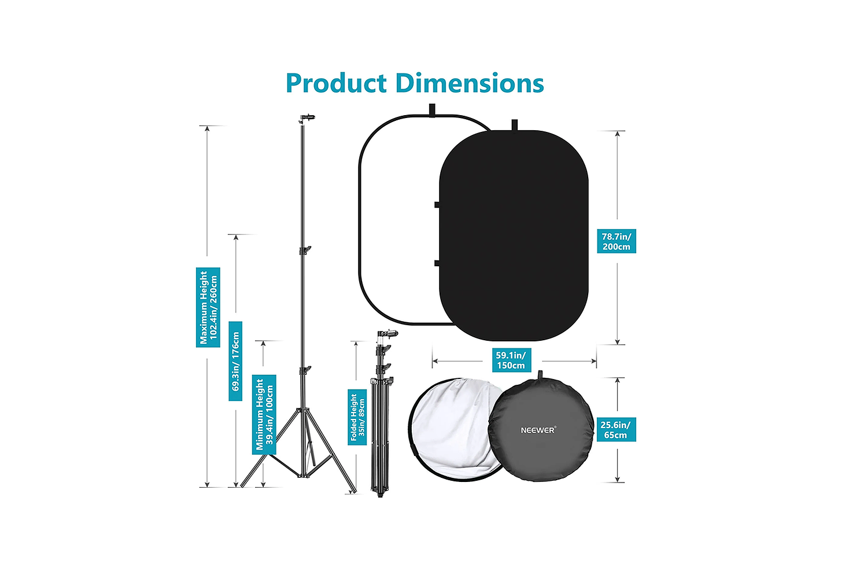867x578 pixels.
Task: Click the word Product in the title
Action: coord(336,83)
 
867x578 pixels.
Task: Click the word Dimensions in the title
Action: coord(470,83)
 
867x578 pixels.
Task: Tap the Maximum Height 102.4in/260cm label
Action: coord(208,307)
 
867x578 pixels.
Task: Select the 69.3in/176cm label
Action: coord(235,361)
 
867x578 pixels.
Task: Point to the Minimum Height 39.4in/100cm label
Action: coord(264,414)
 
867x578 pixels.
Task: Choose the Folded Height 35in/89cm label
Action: coord(357,417)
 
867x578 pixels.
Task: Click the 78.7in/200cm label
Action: coord(616,241)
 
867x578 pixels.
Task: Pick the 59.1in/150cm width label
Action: coord(511,360)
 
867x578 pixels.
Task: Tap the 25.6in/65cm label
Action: coord(616,429)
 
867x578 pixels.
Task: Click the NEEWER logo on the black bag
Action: coord(538,430)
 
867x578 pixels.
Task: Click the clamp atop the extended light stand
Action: coord(307,117)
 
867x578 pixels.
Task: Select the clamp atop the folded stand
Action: coord(388,334)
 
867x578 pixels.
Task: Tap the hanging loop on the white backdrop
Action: coord(432,109)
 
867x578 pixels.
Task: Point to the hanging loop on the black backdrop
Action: coord(514,125)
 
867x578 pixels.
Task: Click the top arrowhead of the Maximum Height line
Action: coord(207,128)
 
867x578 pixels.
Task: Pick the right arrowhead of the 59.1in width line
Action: coord(593,361)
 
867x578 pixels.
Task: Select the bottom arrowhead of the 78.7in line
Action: coord(617,341)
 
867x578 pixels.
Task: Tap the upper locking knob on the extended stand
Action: coord(305,250)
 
